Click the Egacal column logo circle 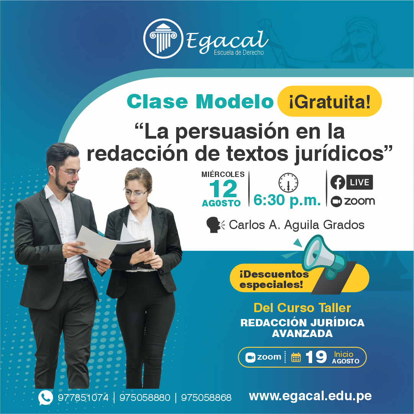click(163, 39)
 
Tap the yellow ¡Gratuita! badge click(329, 101)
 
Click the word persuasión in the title click(232, 132)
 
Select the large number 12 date click(223, 189)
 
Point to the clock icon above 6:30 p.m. click(288, 183)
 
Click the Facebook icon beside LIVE click(338, 182)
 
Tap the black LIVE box click(360, 182)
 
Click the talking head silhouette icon click(216, 225)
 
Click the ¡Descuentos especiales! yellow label click(274, 279)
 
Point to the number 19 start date click(316, 357)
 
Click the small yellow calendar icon click(296, 357)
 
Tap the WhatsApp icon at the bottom click(46, 398)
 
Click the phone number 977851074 click(83, 398)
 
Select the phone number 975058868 click(206, 398)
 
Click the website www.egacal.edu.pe click(310, 396)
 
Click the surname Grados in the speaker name click(344, 225)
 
